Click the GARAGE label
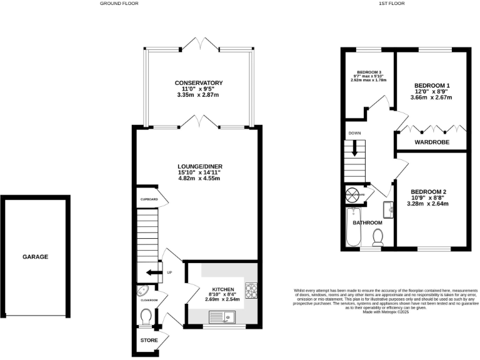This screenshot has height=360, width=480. (36, 256)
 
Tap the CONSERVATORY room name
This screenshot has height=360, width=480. (199, 82)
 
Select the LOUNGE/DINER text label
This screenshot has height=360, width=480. (199, 166)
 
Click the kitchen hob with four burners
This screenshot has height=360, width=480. (251, 291)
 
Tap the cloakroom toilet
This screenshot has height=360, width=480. (146, 318)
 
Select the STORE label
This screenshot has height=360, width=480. (149, 340)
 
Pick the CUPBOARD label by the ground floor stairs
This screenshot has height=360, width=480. (148, 200)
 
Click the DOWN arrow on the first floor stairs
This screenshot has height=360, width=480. (355, 148)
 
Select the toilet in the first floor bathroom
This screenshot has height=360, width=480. (377, 236)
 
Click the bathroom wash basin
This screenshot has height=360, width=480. (388, 210)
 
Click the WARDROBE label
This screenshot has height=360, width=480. (431, 142)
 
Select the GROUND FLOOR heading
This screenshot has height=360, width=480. (119, 3)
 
